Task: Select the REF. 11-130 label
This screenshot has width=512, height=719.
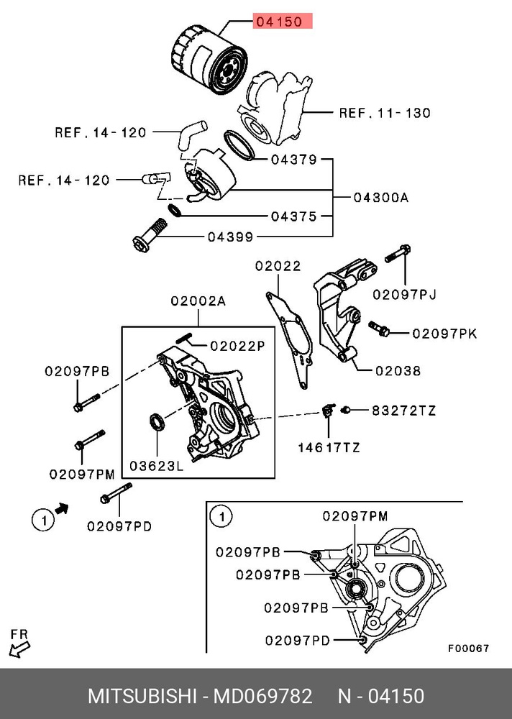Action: [385, 113]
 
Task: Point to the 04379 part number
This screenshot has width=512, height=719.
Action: [293, 160]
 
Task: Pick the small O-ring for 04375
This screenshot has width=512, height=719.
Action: [174, 210]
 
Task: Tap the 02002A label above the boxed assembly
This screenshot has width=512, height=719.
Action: [198, 302]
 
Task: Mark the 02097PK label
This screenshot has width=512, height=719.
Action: [444, 334]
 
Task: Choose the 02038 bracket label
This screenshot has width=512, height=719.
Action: [397, 371]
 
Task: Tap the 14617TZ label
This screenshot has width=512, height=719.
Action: [329, 447]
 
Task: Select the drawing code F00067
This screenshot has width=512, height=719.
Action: [469, 648]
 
